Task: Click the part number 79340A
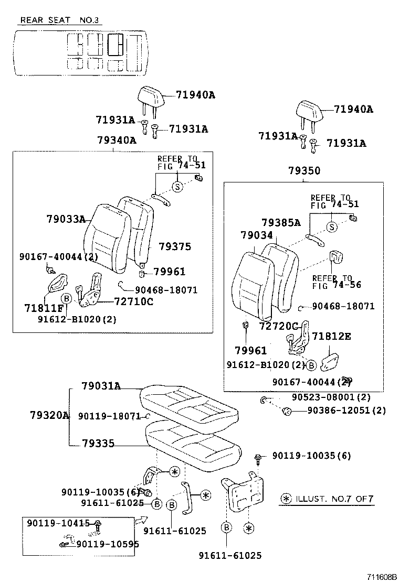pyautogui.click(x=116, y=140)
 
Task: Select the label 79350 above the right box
pyautogui.click(x=303, y=171)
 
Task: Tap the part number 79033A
pyautogui.click(x=65, y=219)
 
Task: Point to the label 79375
pyautogui.click(x=175, y=246)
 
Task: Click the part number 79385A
pyautogui.click(x=281, y=223)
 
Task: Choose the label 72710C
pyautogui.click(x=133, y=301)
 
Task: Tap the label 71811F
pyautogui.click(x=43, y=307)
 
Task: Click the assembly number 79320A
pyautogui.click(x=49, y=415)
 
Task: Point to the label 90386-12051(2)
pyautogui.click(x=346, y=411)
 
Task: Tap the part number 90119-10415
pyautogui.click(x=58, y=523)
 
